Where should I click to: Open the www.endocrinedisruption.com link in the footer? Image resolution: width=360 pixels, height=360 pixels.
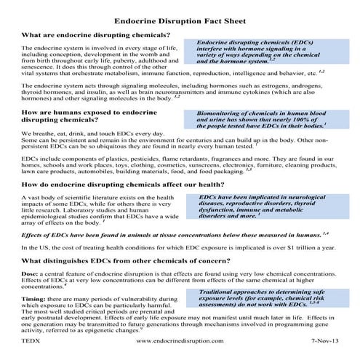(179, 340)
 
